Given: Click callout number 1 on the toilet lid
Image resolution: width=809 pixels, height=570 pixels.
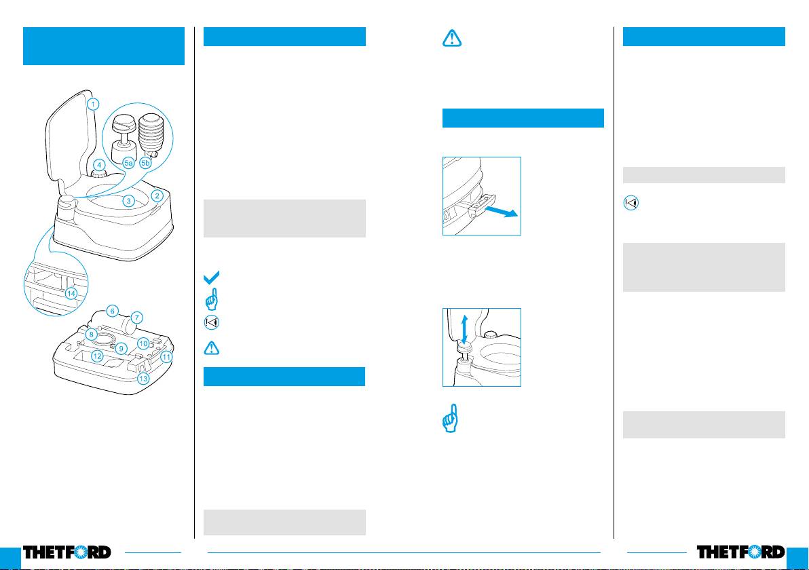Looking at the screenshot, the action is [x=93, y=104].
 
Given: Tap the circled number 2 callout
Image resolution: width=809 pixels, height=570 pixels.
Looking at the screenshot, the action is [x=157, y=195].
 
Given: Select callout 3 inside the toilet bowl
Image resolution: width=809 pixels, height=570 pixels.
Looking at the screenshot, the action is [x=128, y=201].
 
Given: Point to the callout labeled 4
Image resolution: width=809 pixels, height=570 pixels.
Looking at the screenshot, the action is [x=99, y=166].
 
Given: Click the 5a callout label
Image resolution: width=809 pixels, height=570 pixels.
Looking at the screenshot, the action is [x=128, y=163].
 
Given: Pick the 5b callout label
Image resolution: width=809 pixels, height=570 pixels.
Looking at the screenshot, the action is [x=145, y=163].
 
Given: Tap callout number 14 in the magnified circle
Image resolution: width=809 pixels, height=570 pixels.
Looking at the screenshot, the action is [x=71, y=294].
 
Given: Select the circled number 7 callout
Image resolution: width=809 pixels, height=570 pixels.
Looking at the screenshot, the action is [x=136, y=318].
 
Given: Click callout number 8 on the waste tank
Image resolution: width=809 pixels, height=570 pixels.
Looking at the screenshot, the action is [x=92, y=335].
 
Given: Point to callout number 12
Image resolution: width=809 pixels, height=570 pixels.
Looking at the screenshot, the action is [x=97, y=356].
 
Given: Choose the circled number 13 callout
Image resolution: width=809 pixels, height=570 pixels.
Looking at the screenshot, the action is [x=143, y=379].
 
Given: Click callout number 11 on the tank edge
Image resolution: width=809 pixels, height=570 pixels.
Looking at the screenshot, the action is [x=166, y=356].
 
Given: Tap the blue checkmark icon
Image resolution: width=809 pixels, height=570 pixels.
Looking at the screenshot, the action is [x=212, y=277].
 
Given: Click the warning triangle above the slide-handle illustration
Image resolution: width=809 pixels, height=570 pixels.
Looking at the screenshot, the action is [x=452, y=38].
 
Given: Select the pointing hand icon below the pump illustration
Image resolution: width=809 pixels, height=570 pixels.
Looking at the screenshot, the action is [x=451, y=418].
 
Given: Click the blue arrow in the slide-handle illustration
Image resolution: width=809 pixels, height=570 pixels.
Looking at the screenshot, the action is [x=501, y=211].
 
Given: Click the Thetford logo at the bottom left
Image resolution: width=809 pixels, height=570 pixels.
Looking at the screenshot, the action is [x=67, y=552].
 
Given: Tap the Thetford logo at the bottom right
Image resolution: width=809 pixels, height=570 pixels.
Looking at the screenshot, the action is [x=741, y=552].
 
